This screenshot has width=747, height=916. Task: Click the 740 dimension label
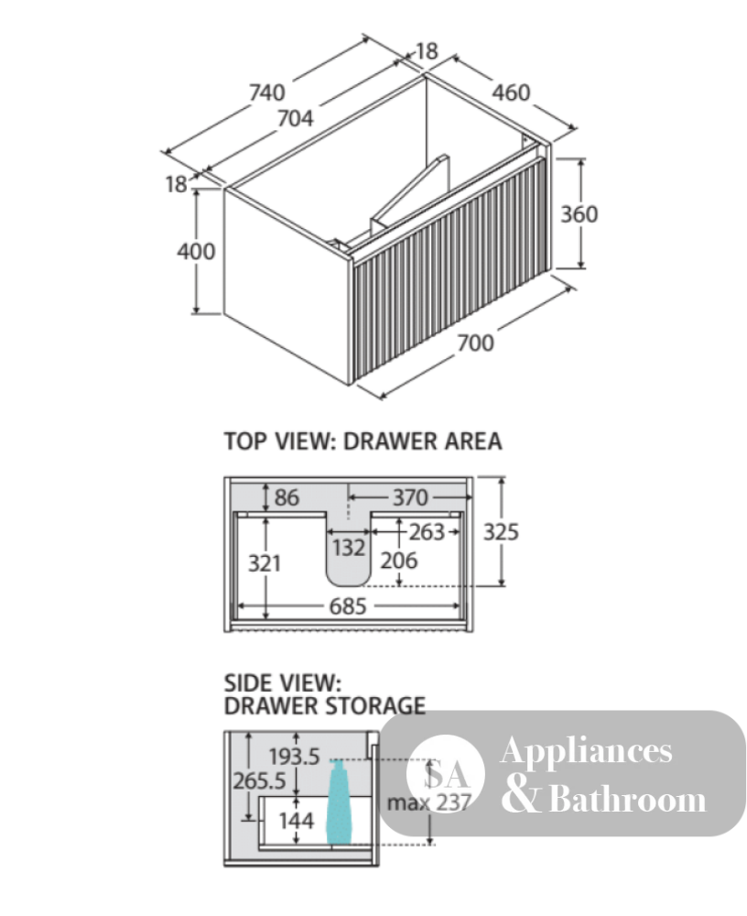(x=267, y=93)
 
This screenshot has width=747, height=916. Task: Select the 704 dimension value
(x=295, y=118)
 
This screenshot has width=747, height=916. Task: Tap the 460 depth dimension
(x=511, y=93)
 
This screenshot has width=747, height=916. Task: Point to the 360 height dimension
(x=579, y=214)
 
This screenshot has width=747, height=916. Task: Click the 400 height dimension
(x=196, y=252)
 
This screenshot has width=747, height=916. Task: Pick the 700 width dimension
(x=475, y=343)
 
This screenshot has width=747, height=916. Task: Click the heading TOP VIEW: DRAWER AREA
(x=363, y=442)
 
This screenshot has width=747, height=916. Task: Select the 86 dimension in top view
(x=287, y=497)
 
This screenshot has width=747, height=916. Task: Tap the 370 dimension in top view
(x=410, y=497)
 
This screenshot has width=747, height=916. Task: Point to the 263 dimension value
(x=427, y=532)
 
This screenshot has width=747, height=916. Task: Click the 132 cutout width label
(x=349, y=548)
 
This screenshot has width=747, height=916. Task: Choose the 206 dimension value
(x=399, y=561)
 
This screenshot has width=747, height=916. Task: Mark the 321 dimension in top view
(x=265, y=563)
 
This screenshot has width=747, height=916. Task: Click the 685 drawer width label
(x=348, y=606)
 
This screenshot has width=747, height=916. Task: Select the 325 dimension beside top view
(x=501, y=532)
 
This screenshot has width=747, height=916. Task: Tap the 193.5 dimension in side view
(x=295, y=758)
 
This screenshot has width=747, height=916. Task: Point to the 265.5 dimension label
(x=259, y=780)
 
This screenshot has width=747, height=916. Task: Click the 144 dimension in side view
(x=296, y=821)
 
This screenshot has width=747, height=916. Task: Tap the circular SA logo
(x=446, y=774)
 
